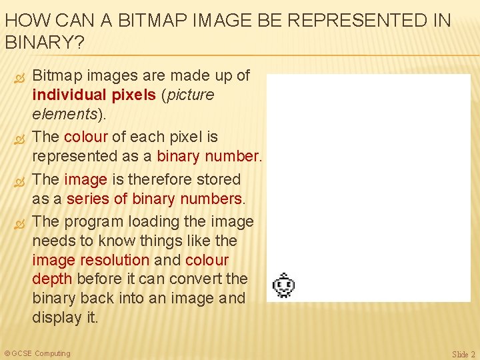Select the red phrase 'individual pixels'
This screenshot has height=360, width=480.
coord(94,95)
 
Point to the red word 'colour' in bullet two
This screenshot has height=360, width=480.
coord(86,137)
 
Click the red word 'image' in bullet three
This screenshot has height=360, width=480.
coord(86,179)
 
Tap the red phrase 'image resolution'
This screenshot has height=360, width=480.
coord(91,260)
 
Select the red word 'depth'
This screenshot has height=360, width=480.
coord(53,279)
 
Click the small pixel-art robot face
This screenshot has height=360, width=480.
coord(285,285)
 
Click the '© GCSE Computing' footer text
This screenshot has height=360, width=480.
coord(37,353)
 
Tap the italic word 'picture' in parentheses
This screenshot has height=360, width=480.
coord(190,95)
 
